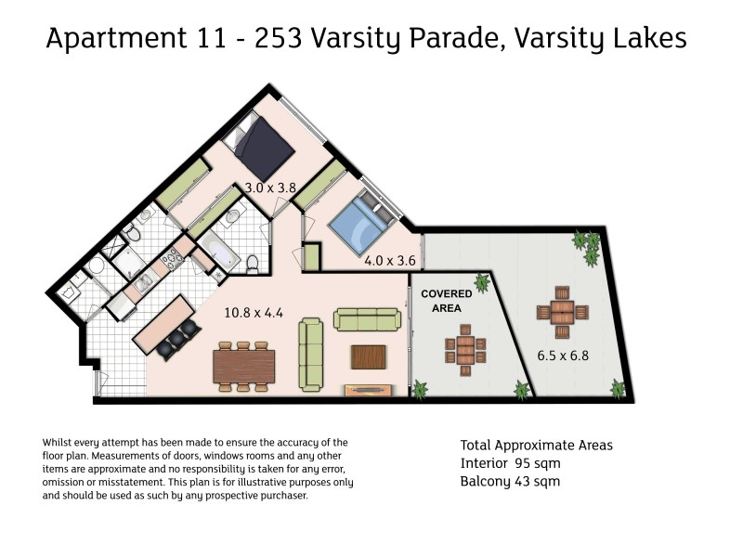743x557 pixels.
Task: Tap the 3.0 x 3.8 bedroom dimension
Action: [269, 188]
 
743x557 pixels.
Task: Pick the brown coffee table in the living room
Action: [368, 357]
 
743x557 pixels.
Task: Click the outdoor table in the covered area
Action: [465, 350]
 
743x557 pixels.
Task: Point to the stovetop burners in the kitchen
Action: [172, 260]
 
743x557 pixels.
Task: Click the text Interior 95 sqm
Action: [510, 463]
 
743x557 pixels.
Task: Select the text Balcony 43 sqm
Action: [510, 481]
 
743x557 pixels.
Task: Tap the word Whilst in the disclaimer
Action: [59, 443]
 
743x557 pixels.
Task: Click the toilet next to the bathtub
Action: [253, 266]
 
